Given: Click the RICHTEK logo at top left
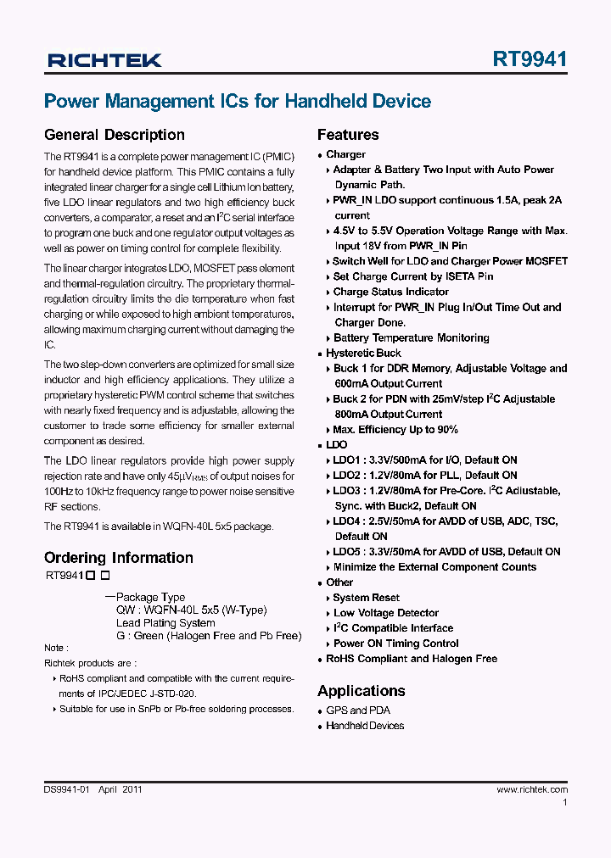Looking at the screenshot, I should tap(104, 60).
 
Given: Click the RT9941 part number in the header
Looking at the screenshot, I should tap(530, 59).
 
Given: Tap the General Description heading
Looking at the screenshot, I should tap(114, 135).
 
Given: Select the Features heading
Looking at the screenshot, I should tap(348, 135).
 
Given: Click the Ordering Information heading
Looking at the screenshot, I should tap(118, 558).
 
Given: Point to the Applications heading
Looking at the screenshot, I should tap(361, 690).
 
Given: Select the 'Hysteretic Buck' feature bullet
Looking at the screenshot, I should tap(363, 353).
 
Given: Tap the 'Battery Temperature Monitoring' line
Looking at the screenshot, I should tap(411, 337).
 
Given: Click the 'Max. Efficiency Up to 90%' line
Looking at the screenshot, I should tap(395, 430).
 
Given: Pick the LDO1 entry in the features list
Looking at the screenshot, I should tap(424, 460).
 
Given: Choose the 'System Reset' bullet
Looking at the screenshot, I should tap(366, 598).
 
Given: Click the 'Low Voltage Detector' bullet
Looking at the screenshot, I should tap(386, 613).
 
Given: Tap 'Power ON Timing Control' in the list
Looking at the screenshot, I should tap(395, 643).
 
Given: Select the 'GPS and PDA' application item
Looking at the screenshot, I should tap(358, 710).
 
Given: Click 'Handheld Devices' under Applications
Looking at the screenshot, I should tap(365, 726).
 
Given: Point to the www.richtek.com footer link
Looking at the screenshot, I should tap(532, 789).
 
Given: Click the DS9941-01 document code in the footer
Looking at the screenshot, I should tap(66, 789).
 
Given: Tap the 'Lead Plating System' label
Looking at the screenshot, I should tap(165, 623).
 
